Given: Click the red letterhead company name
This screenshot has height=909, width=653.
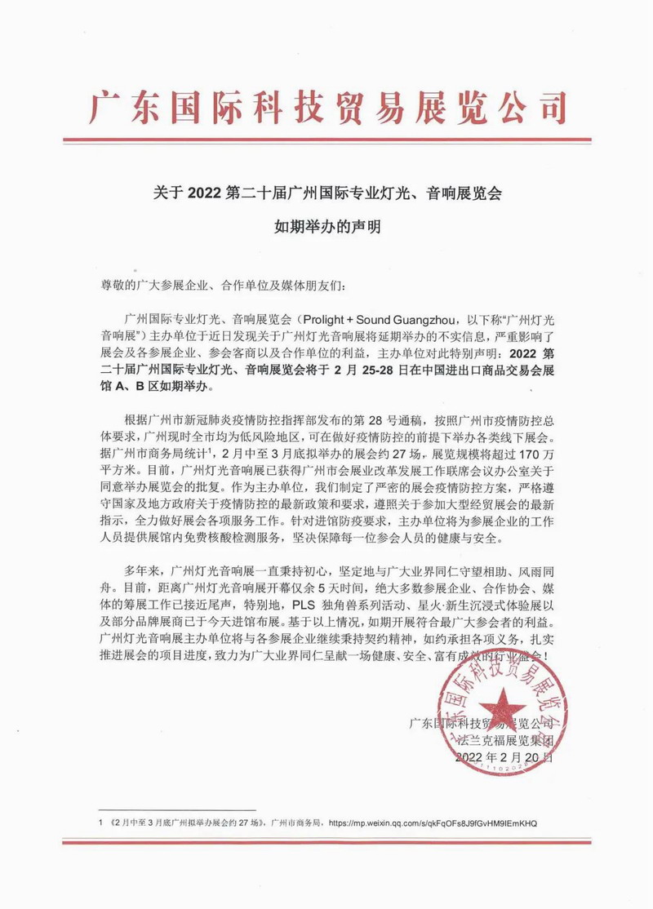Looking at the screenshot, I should pyautogui.click(x=326, y=107).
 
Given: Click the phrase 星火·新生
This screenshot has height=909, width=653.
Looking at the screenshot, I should pyautogui.click(x=424, y=605).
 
